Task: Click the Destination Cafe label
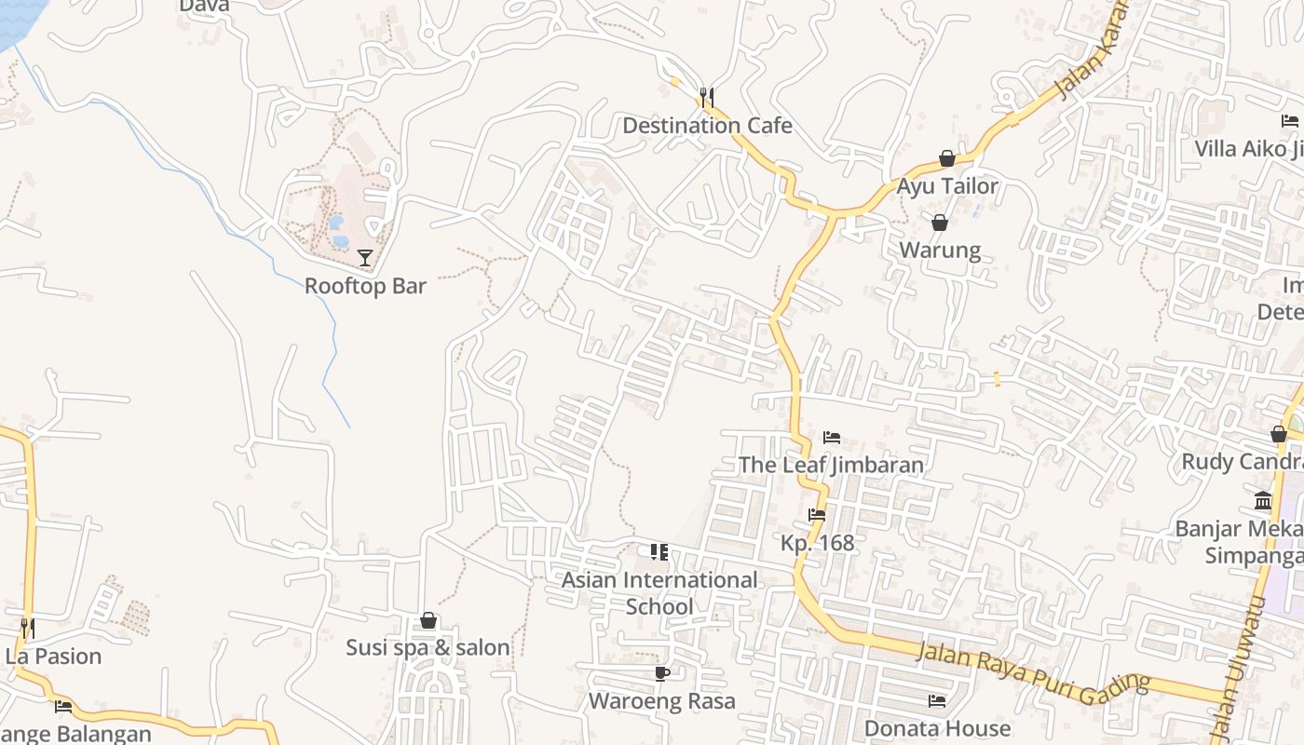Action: [x=707, y=126]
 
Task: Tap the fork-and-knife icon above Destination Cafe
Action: [x=707, y=97]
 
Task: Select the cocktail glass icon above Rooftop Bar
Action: [x=365, y=258]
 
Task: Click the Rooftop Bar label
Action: [x=365, y=286]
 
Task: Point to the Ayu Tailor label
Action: [x=947, y=186]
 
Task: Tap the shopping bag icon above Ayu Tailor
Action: [x=947, y=159]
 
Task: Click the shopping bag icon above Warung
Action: [x=940, y=223]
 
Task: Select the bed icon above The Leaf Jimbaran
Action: [x=832, y=437]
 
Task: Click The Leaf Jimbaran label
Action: [x=831, y=465]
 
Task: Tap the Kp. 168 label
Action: [x=817, y=543]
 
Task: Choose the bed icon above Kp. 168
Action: [x=817, y=515]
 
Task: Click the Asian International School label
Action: [x=659, y=593]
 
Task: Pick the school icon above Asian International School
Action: [x=659, y=552]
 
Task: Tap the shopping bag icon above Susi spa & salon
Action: [x=428, y=620]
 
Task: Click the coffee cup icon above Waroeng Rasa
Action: [x=662, y=673]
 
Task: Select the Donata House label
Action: [x=937, y=728]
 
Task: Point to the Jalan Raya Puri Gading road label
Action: [x=1033, y=668]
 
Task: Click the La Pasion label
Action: [x=53, y=657]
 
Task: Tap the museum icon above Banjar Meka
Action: [x=1263, y=501]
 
